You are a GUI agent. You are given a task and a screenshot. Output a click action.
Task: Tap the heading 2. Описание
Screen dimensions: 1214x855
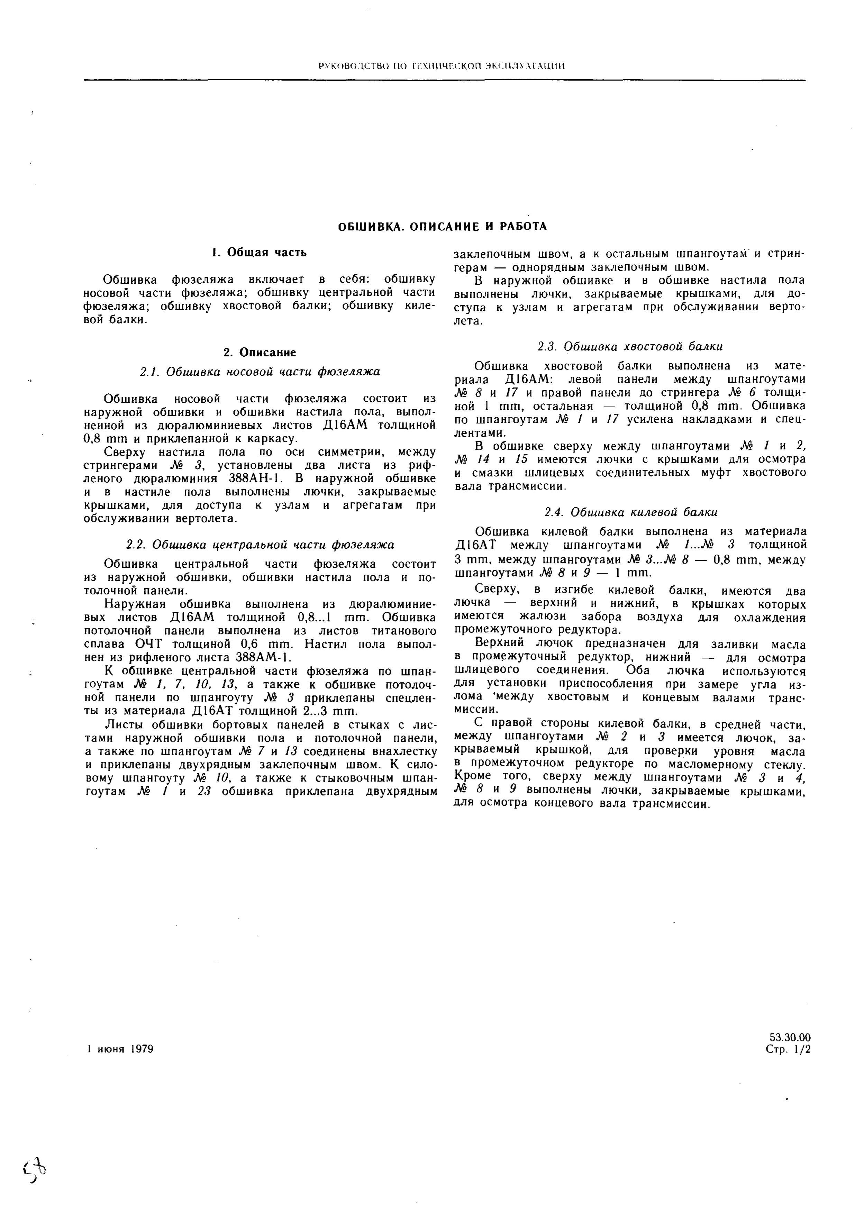coord(260,352)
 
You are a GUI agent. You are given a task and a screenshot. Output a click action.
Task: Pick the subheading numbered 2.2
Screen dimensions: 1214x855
coord(260,545)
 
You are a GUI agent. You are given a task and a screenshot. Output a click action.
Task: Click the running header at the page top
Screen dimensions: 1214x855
coord(442,66)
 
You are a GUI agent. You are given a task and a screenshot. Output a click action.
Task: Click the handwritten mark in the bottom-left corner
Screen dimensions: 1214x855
coord(36,1179)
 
